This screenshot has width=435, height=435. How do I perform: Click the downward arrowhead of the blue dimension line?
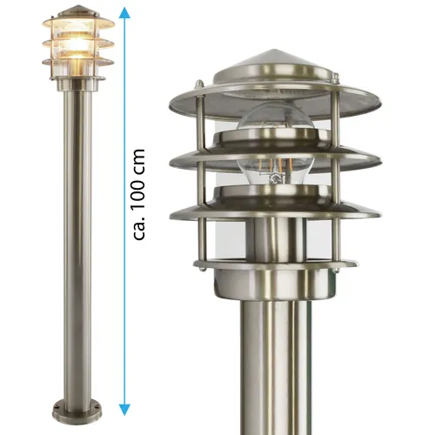124,408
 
